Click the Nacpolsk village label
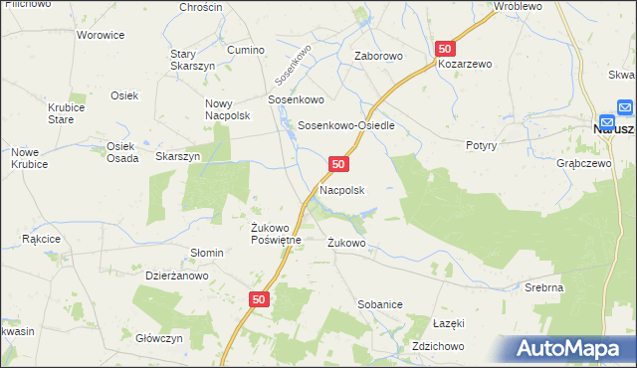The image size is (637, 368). click(341, 189)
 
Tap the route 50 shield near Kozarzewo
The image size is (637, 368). click(445, 49)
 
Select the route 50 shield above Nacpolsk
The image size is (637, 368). click(338, 163)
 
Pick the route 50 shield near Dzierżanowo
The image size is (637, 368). click(259, 298)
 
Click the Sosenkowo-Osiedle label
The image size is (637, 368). click(347, 126)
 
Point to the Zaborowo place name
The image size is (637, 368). click(379, 56)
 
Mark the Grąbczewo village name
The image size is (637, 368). click(584, 164)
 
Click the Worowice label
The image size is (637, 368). click(101, 35)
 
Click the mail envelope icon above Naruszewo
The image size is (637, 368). click(623, 107)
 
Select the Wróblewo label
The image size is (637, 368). click(517, 6)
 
